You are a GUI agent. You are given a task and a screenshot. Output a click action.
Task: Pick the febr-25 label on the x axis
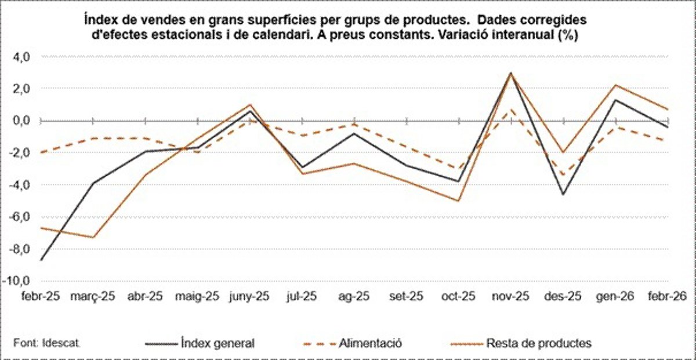[41, 297]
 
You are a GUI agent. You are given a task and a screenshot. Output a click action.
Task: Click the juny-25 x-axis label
[250, 297]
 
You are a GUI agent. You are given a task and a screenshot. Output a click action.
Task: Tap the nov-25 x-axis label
[510, 297]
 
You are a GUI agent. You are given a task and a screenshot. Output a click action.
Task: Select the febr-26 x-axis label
[667, 297]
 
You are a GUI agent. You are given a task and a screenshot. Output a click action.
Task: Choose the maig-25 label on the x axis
[197, 297]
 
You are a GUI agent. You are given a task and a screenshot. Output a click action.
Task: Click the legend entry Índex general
[217, 343]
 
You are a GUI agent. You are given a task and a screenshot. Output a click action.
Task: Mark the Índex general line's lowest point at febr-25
[41, 260]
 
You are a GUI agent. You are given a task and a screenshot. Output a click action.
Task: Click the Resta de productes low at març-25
[93, 237]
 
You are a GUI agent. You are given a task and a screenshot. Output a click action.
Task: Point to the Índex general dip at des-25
[563, 194]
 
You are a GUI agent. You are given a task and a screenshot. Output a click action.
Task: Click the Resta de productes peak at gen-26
[615, 85]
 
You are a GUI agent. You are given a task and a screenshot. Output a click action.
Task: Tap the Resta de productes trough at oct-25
[458, 201]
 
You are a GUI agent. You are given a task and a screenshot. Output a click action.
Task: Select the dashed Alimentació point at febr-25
[41, 152]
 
